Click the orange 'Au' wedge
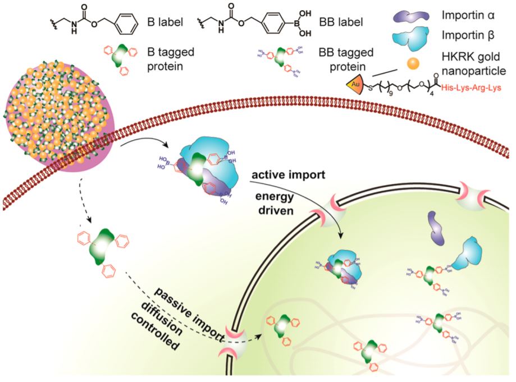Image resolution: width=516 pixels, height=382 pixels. coord(355,85)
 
